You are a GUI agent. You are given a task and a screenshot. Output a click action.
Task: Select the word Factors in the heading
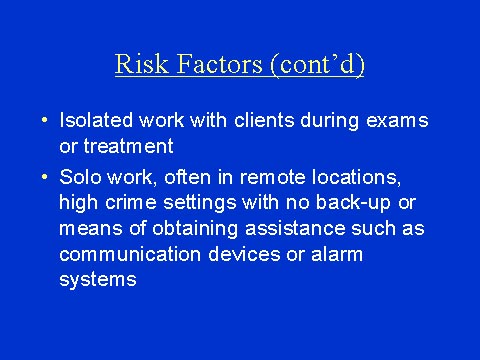point(216,65)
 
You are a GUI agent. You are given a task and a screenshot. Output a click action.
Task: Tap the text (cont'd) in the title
point(315,66)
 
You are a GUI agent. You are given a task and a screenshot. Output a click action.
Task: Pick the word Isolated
point(95,121)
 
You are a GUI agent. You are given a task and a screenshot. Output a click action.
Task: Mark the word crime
point(128,203)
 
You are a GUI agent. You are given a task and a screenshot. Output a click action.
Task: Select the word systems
point(98,281)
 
